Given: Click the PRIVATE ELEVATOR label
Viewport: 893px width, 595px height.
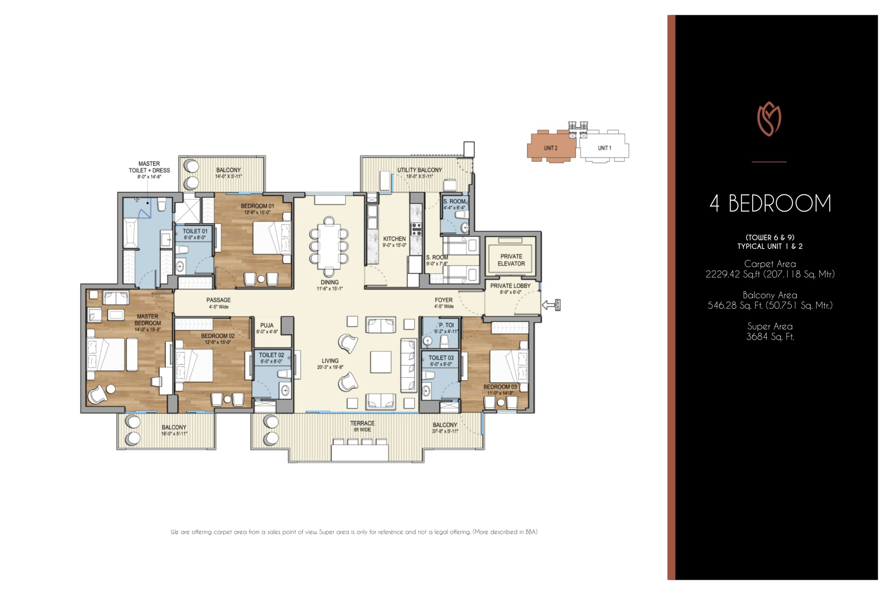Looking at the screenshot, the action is (511, 260).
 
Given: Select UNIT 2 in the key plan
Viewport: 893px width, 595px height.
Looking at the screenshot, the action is (550, 148).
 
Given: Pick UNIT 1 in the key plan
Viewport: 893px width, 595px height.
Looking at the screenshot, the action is (605, 148).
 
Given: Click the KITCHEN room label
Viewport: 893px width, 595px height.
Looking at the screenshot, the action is (395, 239).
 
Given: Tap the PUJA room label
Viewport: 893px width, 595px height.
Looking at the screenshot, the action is (267, 325).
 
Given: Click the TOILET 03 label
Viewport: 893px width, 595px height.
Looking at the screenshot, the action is (441, 358).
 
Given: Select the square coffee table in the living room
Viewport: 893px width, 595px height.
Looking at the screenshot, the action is (381, 362).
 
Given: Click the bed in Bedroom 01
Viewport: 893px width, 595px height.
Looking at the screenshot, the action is (272, 238).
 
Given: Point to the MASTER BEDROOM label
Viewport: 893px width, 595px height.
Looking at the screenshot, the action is (148, 320).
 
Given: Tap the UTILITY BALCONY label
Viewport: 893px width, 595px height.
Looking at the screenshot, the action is (420, 170).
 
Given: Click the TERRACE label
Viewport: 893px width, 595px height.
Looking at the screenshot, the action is (362, 423).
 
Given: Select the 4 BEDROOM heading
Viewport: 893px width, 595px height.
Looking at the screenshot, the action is (770, 204).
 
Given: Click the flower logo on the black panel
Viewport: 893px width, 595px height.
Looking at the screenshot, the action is (769, 119).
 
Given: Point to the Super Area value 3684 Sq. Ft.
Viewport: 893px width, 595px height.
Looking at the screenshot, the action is (770, 337).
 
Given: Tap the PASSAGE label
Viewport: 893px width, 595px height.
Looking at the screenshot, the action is (218, 300).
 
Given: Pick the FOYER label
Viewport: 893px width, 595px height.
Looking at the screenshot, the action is (443, 300).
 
